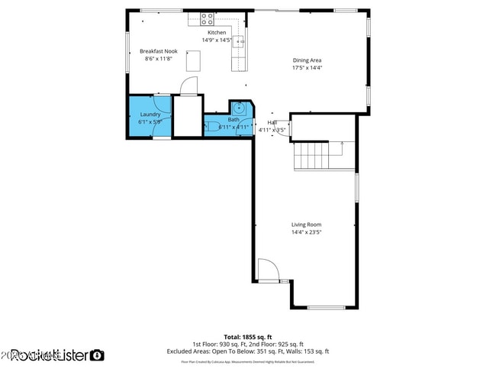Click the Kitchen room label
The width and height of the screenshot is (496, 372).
click(x=217, y=33)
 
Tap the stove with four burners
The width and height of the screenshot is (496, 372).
click(x=207, y=17)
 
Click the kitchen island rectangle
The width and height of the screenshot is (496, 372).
click(x=193, y=60)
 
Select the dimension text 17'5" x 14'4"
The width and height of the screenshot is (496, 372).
click(x=308, y=67)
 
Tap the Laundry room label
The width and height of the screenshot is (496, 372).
click(x=150, y=115)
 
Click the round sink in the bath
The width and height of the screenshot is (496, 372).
click(x=238, y=108)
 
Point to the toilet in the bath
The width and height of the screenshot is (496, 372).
click(x=211, y=127)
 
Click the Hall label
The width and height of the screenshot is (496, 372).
click(x=272, y=122)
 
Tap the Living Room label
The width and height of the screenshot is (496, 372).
click(x=306, y=225)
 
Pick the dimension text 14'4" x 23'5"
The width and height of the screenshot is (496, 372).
click(x=306, y=232)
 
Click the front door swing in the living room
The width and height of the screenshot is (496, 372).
click(x=267, y=270)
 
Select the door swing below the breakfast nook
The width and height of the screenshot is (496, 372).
click(x=189, y=86)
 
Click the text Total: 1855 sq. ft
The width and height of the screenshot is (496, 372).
click(x=247, y=337)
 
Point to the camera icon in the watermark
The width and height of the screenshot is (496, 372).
click(x=97, y=355)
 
